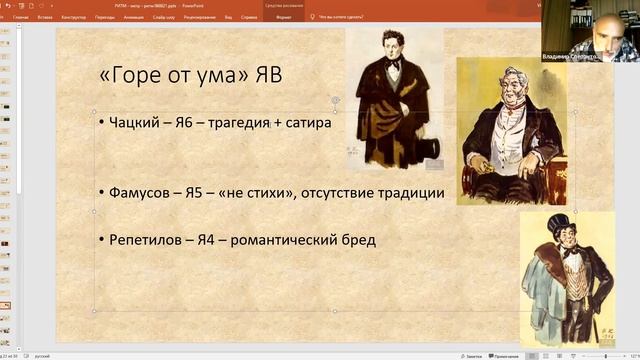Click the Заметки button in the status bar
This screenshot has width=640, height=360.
click(473, 355)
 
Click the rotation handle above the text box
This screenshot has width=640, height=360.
click(335, 100)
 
